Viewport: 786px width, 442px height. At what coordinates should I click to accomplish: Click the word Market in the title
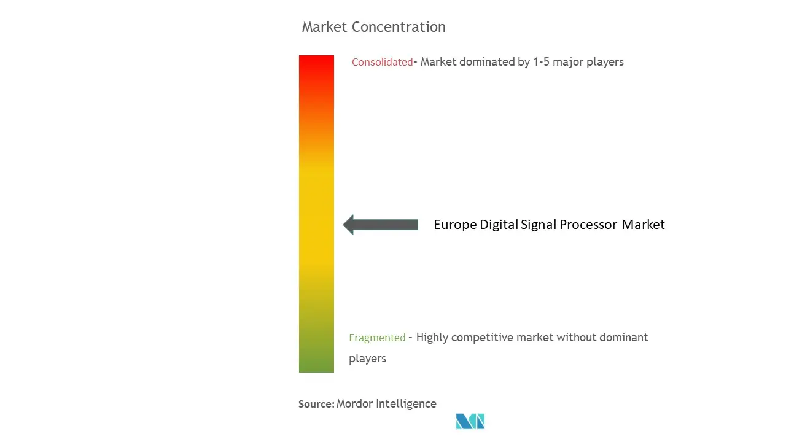coord(325,27)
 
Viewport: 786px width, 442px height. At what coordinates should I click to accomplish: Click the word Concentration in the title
coord(399,27)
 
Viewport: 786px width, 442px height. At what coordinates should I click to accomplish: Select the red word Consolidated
coord(382,62)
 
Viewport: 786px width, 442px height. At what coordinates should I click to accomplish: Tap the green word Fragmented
coord(377,338)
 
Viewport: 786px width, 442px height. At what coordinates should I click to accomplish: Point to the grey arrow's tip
coord(343,225)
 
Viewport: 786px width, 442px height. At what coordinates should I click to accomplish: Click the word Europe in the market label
coord(455,225)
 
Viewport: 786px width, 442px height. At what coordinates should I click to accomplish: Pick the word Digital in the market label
coord(499,225)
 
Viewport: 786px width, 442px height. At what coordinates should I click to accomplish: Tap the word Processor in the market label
coord(588,225)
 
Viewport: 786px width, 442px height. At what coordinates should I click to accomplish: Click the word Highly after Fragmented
coord(432,338)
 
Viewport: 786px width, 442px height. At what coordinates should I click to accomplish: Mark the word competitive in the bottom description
coord(482,338)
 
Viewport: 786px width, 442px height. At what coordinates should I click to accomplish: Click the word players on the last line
coord(367,359)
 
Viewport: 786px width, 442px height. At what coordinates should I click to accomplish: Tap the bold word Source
coord(316,404)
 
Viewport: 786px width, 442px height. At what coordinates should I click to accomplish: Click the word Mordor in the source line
coord(354,404)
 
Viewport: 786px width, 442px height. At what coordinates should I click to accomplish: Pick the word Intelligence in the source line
coord(406,404)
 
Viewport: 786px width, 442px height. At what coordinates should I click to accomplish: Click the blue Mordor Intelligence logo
coord(470,421)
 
